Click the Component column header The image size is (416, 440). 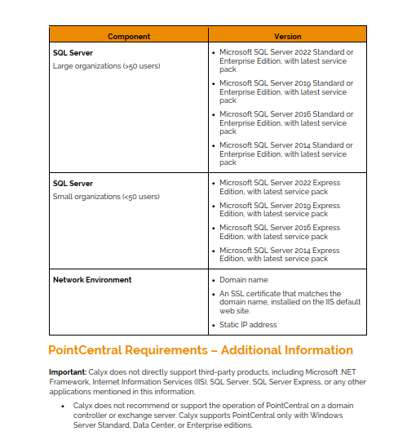tap(128, 36)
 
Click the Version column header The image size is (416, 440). tap(287, 36)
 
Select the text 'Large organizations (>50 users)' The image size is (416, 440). tap(106, 66)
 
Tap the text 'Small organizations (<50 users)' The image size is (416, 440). tap(106, 197)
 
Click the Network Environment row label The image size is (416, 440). tap(92, 280)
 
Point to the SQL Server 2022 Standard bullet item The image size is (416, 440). tap(286, 60)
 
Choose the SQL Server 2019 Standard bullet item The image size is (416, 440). tap(286, 91)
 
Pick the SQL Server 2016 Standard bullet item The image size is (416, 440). tap(286, 122)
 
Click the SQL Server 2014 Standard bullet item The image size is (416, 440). tap(286, 153)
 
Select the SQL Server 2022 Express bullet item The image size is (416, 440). tap(280, 187)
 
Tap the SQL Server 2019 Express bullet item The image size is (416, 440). tap(280, 210)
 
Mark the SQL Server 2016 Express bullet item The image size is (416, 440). tap(280, 232)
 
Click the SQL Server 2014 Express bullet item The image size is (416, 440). tap(280, 255)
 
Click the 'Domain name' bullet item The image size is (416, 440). tap(244, 280)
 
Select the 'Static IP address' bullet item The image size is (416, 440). tap(248, 325)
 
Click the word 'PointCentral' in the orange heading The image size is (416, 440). tap(85, 350)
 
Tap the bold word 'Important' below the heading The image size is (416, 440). tap(66, 371)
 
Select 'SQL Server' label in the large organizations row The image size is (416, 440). tap(73, 53)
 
